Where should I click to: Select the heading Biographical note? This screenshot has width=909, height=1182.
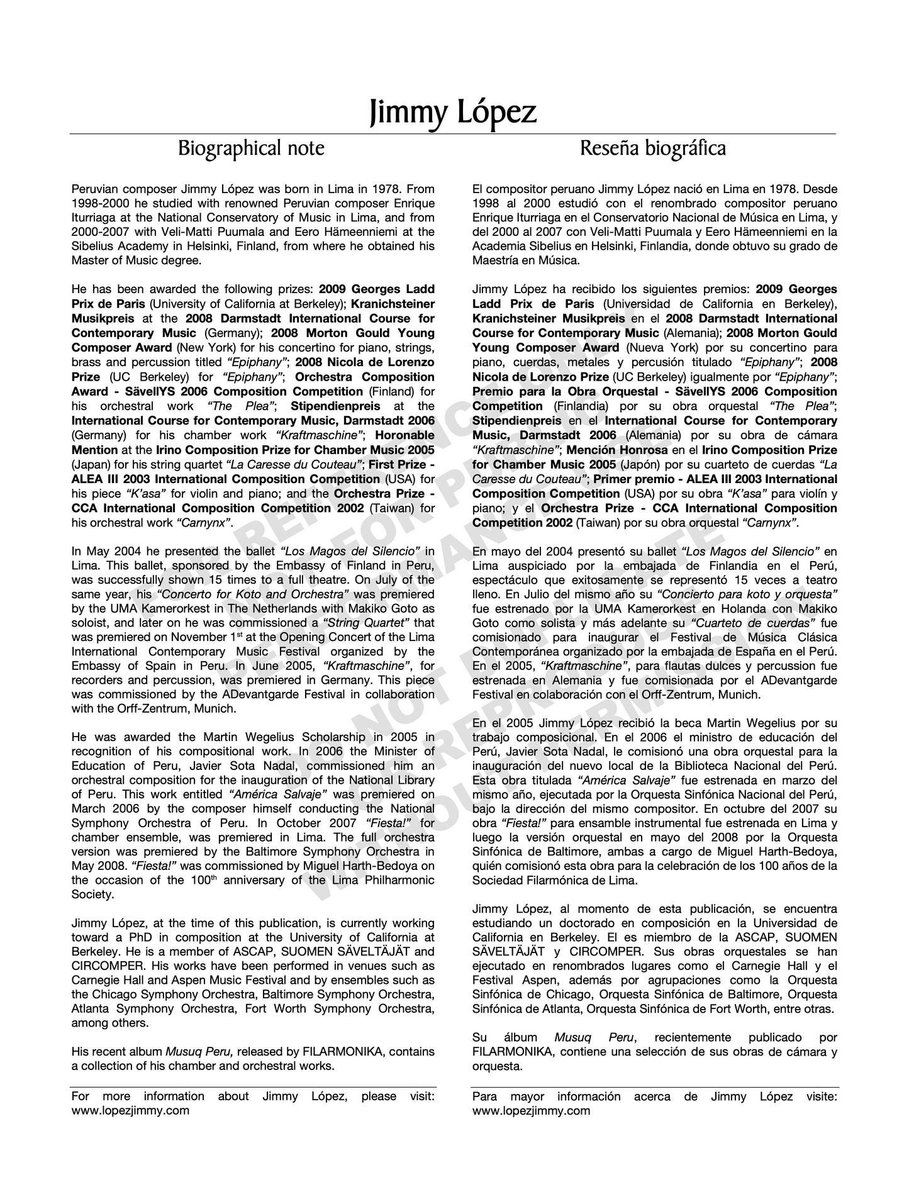tap(251, 148)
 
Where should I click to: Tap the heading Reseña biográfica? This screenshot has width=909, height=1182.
tap(652, 148)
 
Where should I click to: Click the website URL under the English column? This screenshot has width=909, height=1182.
tap(130, 1110)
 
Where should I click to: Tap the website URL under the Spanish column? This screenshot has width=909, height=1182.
tap(531, 1110)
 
